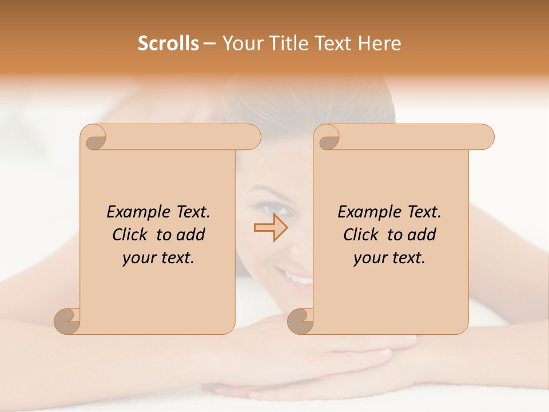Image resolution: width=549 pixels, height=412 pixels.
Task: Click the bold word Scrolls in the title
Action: pos(168,43)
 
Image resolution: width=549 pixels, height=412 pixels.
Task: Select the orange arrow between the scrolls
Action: pos(270,228)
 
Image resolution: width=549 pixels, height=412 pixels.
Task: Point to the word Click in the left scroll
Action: pos(131,235)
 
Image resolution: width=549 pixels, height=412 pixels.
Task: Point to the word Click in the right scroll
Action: pos(361,235)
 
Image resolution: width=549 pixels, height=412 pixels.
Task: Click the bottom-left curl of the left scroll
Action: pos(67,320)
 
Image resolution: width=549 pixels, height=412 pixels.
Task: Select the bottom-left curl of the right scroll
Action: pos(300,320)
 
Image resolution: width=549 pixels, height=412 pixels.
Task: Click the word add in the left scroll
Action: pos(191,235)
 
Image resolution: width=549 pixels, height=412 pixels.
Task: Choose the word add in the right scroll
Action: pos(422,235)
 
